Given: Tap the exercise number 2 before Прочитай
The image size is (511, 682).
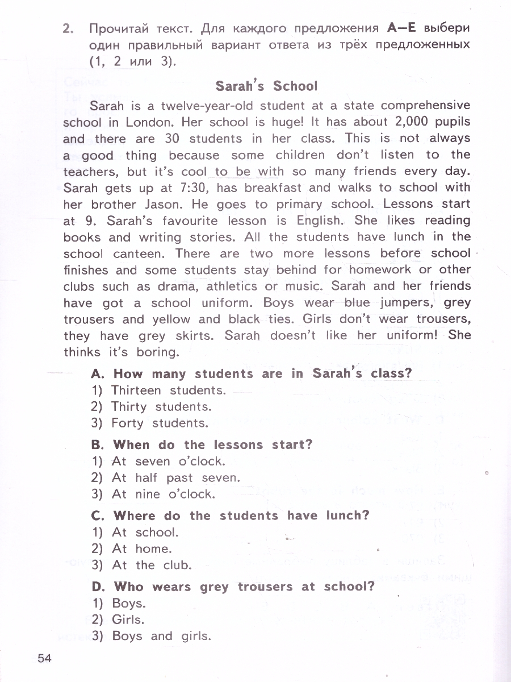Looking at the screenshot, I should coord(69,28).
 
